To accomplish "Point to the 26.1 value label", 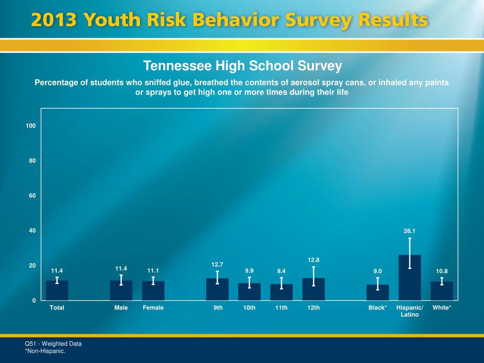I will pos(409,231).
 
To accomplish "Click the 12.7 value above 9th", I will pos(217,265).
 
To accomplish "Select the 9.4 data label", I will pos(281,271).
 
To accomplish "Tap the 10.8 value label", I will pos(442,271).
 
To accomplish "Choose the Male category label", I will pos(121,308).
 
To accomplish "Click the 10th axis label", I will pos(249,308).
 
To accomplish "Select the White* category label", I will pos(442,308).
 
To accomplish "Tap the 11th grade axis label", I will pos(281,308).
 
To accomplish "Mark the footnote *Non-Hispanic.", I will pos(45,351).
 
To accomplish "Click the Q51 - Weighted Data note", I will pos(53,344).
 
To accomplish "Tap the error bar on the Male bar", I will pos(121,280).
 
